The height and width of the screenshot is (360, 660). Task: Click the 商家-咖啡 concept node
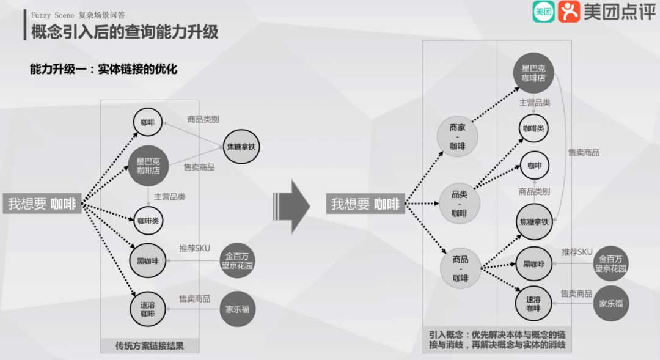coord(457,137)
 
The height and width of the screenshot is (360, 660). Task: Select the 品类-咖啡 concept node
coord(459,204)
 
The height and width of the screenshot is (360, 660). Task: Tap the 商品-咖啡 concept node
coord(460,269)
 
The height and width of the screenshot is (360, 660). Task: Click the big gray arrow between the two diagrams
coord(293,204)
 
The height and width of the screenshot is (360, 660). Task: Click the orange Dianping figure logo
coord(568,12)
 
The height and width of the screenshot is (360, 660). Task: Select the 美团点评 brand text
coord(619,12)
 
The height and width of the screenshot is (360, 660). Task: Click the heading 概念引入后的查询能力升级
coord(125,31)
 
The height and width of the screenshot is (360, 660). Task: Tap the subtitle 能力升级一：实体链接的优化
coord(103,69)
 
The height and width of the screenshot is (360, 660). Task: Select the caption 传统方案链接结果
coord(149,346)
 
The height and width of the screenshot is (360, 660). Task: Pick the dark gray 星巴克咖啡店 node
coord(533,73)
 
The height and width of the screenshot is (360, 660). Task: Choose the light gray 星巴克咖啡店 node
coord(147,166)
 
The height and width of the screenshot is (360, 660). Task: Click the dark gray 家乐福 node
coord(610,303)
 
